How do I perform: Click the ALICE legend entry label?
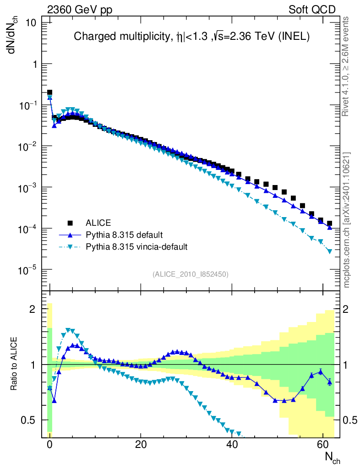[98, 223]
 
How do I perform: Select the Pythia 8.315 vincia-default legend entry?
[137, 247]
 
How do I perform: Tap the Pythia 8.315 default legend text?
[124, 235]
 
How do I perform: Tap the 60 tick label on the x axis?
[323, 444]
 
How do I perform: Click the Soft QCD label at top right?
[312, 10]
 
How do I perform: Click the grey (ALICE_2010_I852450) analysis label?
[190, 274]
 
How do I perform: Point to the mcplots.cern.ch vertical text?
[347, 219]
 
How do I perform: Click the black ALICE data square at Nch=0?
[50, 93]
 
